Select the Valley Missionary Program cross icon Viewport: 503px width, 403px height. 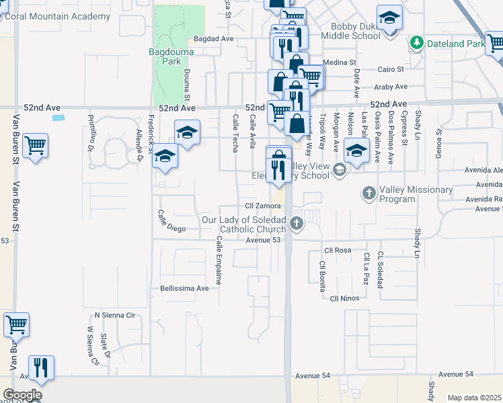click(369, 194)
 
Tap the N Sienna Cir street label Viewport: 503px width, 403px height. click(115, 314)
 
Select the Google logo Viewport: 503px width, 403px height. click(22, 395)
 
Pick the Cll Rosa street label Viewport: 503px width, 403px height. click(338, 250)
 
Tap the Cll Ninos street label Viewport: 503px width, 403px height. click(344, 298)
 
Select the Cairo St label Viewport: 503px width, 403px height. click(390, 69)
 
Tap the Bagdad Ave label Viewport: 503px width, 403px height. click(213, 39)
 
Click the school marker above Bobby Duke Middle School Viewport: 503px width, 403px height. click(389, 17)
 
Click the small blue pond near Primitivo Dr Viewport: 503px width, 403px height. click(59, 118)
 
